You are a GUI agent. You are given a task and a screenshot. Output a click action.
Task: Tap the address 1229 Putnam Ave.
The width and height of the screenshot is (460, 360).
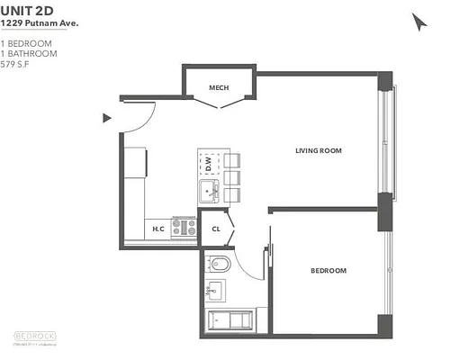click(40, 22)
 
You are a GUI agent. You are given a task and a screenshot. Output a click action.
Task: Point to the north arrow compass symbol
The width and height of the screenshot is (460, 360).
click(419, 22)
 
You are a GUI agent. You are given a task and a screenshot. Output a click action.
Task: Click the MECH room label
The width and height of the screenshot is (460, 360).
click(218, 87)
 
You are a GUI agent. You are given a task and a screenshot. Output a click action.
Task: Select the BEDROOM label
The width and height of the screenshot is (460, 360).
click(329, 270)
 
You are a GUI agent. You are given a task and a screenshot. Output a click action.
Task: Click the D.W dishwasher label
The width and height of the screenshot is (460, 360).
click(208, 165)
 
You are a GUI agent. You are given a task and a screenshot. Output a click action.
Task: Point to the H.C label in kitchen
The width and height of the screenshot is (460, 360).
click(158, 229)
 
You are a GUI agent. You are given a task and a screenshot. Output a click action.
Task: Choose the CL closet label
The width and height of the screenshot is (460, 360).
click(216, 229)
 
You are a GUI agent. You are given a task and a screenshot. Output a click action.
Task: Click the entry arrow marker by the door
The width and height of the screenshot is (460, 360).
click(107, 117)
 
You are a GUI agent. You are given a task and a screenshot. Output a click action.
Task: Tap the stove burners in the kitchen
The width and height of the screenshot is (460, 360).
click(185, 226)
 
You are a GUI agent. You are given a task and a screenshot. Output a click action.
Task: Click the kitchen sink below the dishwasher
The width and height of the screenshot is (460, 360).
click(209, 191)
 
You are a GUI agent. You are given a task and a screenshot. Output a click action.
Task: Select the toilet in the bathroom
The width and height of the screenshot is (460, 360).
click(219, 265)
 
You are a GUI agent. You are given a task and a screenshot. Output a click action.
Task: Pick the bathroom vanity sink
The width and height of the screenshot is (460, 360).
click(216, 290)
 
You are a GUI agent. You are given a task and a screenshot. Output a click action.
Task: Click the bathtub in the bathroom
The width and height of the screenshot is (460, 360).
click(231, 320)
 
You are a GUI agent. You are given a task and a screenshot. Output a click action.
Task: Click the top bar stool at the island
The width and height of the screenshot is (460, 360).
click(232, 160)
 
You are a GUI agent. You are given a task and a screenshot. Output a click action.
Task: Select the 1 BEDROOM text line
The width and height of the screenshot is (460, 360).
click(26, 42)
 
